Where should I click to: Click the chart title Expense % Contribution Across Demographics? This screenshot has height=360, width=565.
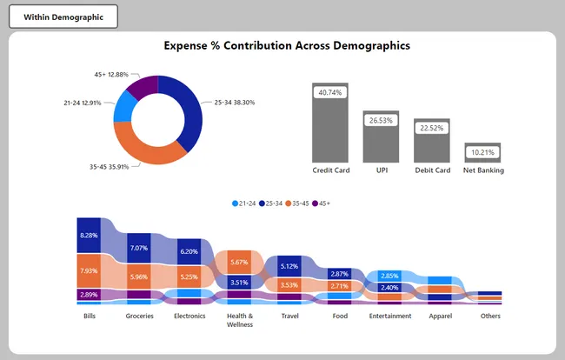(286, 45)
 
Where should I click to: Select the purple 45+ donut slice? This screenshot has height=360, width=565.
(143, 86)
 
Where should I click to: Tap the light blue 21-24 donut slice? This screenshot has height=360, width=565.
(124, 107)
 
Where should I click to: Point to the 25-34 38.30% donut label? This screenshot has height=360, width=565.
(234, 102)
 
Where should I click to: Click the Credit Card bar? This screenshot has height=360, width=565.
(330, 123)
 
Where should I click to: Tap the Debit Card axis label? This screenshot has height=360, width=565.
(432, 170)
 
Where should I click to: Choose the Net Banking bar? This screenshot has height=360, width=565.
(482, 153)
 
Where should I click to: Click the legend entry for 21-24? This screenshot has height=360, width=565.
(244, 203)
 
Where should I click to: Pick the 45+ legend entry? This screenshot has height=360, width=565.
(321, 203)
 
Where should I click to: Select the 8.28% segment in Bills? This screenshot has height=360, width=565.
(89, 236)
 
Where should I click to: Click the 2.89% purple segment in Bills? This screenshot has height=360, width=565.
(89, 295)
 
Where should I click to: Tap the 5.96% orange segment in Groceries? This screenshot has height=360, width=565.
(139, 277)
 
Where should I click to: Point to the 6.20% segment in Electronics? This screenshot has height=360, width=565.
(189, 251)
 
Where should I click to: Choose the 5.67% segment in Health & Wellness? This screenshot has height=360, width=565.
(240, 262)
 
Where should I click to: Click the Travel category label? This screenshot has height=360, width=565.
(290, 317)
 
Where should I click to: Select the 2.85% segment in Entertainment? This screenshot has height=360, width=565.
(390, 276)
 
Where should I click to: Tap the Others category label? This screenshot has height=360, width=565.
(490, 317)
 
